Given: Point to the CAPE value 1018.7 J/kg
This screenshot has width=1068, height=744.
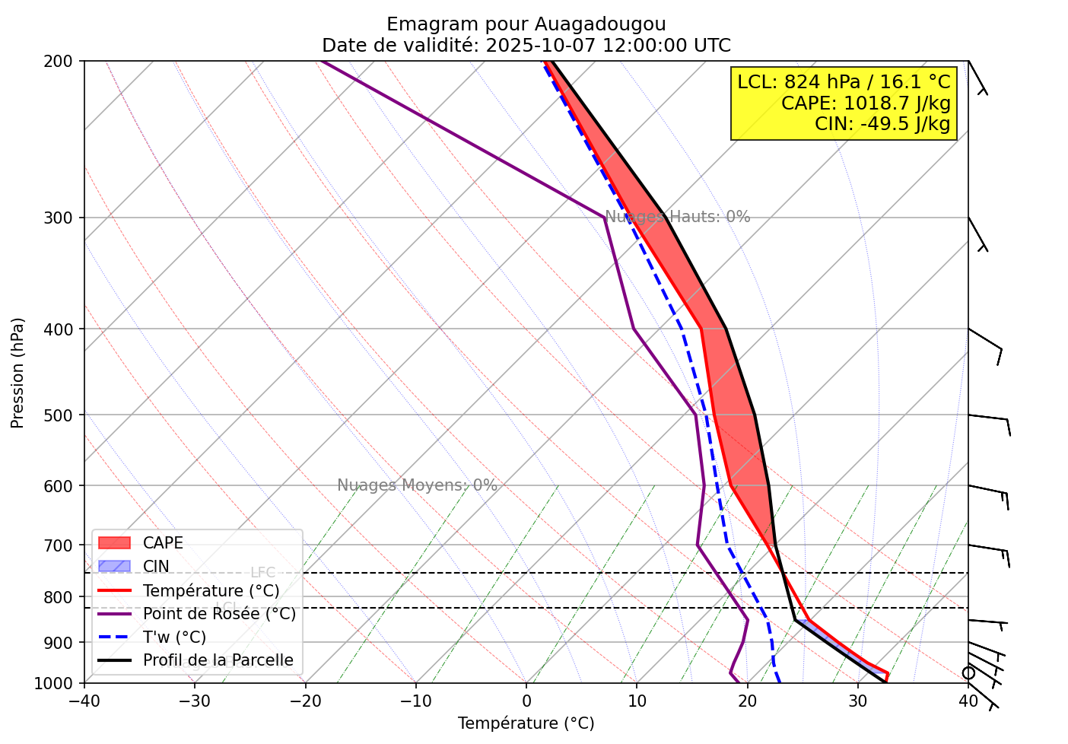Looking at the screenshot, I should [897, 103].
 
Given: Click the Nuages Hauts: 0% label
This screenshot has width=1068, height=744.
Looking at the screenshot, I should [678, 217].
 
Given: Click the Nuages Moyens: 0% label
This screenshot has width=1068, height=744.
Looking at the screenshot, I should [417, 485].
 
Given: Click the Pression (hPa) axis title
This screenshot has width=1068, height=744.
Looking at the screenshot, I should [17, 373].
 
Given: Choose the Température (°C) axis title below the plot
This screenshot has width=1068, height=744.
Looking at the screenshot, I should [526, 723].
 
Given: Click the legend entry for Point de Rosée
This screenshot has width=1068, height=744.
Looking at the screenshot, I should [219, 614].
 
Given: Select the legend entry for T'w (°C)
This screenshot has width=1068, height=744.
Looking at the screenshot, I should [174, 637].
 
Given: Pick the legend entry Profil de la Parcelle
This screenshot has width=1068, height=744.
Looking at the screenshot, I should [218, 660].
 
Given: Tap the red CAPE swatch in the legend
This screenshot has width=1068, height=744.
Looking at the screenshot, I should [115, 543].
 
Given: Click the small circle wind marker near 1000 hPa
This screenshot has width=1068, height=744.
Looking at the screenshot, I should [968, 673].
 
